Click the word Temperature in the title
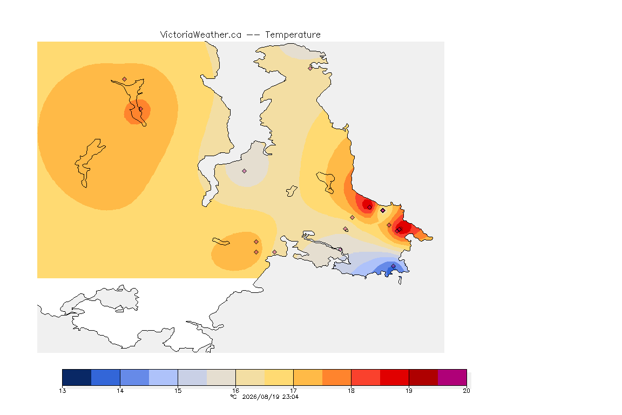coord(293,35)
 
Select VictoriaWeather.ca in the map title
coord(201,35)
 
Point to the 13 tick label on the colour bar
coord(62,391)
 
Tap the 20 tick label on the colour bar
coord(466,391)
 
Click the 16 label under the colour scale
coord(235,391)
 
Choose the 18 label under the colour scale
coord(351,391)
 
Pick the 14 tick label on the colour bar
coord(120,391)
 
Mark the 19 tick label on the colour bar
coord(409,391)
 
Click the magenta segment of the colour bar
coord(452,377)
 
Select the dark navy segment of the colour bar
coord(77,377)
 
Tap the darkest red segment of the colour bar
coord(423,377)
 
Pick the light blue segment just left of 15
coord(164,377)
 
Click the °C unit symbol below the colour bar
coord(234,397)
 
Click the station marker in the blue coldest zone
coord(393,266)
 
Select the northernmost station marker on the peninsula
coord(310,68)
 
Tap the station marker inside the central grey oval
coord(245,171)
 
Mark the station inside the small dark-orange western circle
coord(140,109)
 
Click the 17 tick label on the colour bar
coord(294,391)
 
